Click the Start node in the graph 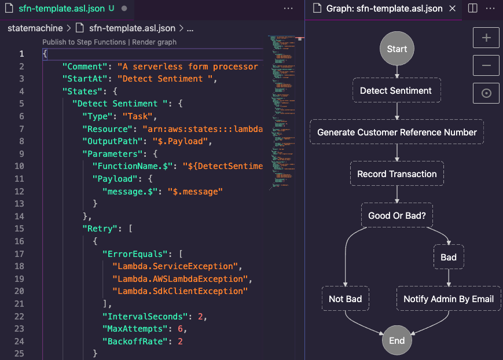tap(397, 49)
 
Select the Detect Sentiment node tap(396, 91)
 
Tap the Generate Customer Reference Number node tap(396, 133)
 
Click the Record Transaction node tap(396, 174)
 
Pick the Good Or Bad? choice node tap(396, 216)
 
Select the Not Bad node tap(345, 299)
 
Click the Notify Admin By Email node tap(449, 299)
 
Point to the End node tap(397, 340)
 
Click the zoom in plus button tap(486, 38)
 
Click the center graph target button tap(486, 93)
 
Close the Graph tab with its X tap(453, 9)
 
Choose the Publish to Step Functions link tap(84, 42)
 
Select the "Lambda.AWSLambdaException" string tap(180, 279)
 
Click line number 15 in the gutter tap(20, 229)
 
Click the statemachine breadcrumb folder tap(35, 28)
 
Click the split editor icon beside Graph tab tap(472, 9)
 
